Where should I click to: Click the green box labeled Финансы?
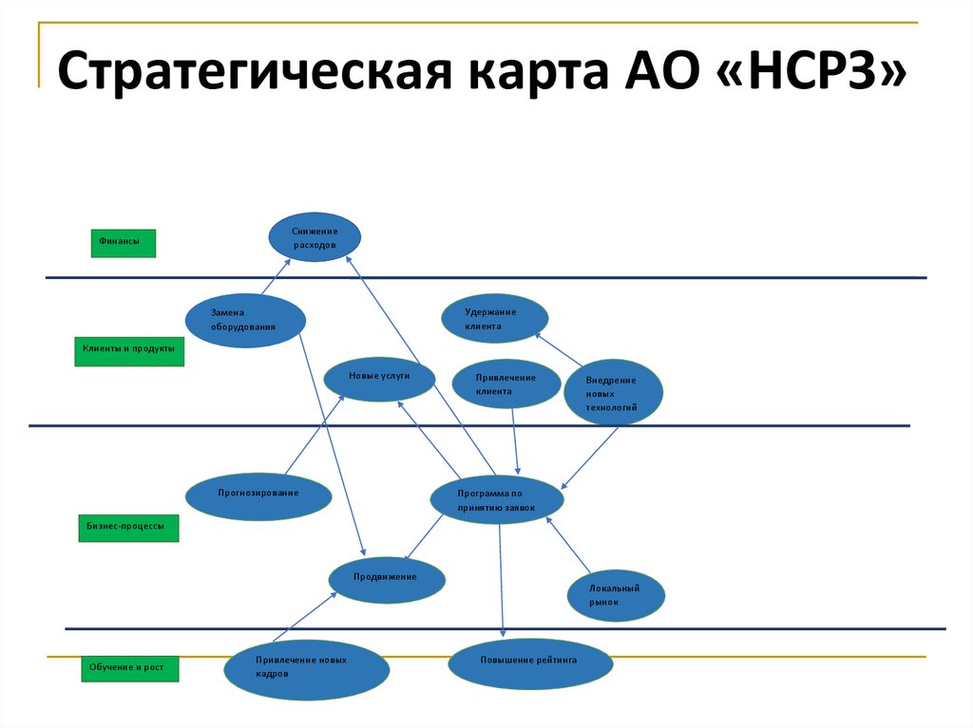(123, 243)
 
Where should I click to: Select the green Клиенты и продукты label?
(127, 350)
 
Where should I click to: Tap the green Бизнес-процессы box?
(127, 528)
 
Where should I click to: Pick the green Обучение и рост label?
(127, 669)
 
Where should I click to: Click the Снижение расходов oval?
(315, 237)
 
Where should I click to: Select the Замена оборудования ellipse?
(245, 321)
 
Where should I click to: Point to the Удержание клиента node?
(494, 319)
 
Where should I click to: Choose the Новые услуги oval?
(379, 378)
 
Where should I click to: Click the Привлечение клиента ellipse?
(506, 384)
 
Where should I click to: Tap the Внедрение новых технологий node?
(613, 392)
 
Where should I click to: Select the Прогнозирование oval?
(258, 495)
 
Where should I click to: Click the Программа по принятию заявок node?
(497, 500)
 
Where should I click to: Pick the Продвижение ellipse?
(386, 579)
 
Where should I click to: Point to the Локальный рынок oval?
(615, 595)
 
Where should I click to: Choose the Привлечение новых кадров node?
(306, 668)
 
